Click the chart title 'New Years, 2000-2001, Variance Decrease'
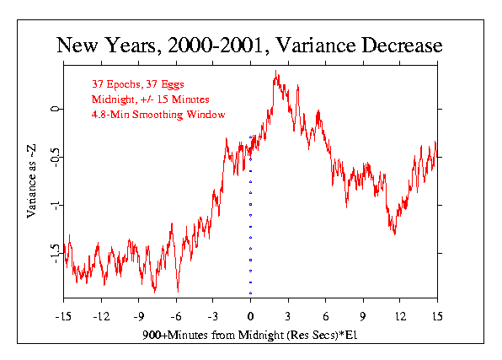click(249, 46)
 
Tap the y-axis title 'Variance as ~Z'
click(31, 181)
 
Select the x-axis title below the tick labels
click(249, 335)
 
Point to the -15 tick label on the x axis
click(63, 317)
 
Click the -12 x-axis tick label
click(101, 317)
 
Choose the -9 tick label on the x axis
click(139, 317)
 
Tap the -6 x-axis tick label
click(176, 317)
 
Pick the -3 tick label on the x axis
click(213, 317)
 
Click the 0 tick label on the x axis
click(250, 317)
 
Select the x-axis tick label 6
click(326, 317)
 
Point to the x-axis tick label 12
click(400, 317)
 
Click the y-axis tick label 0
click(55, 109)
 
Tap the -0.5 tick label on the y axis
click(55, 157)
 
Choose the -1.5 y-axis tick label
click(55, 253)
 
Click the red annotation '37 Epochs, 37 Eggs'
click(138, 84)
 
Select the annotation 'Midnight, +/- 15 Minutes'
click(151, 99)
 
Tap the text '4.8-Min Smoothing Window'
click(158, 115)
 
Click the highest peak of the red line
click(276, 71)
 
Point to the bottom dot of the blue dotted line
click(250, 293)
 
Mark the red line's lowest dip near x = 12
click(395, 234)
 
